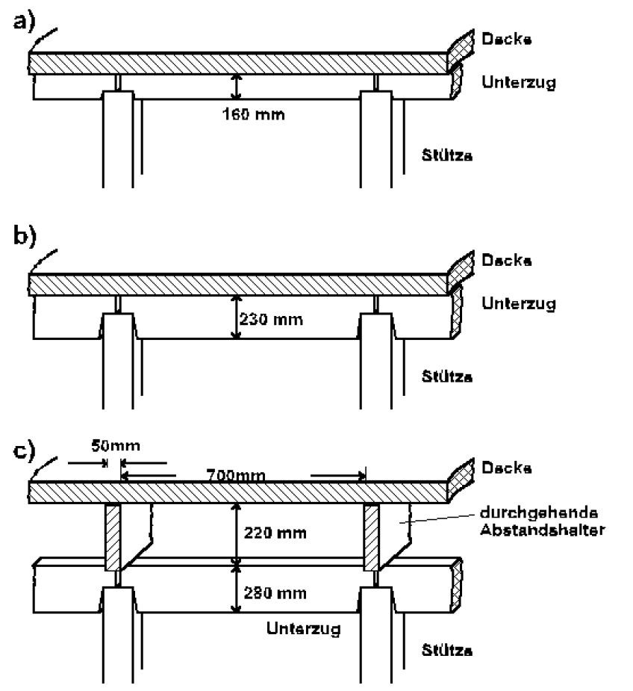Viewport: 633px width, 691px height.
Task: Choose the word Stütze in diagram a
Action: (x=447, y=156)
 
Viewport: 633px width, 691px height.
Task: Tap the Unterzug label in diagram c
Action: (x=303, y=628)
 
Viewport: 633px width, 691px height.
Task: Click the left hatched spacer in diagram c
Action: (x=113, y=537)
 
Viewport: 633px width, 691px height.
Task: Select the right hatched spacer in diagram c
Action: (x=372, y=537)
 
